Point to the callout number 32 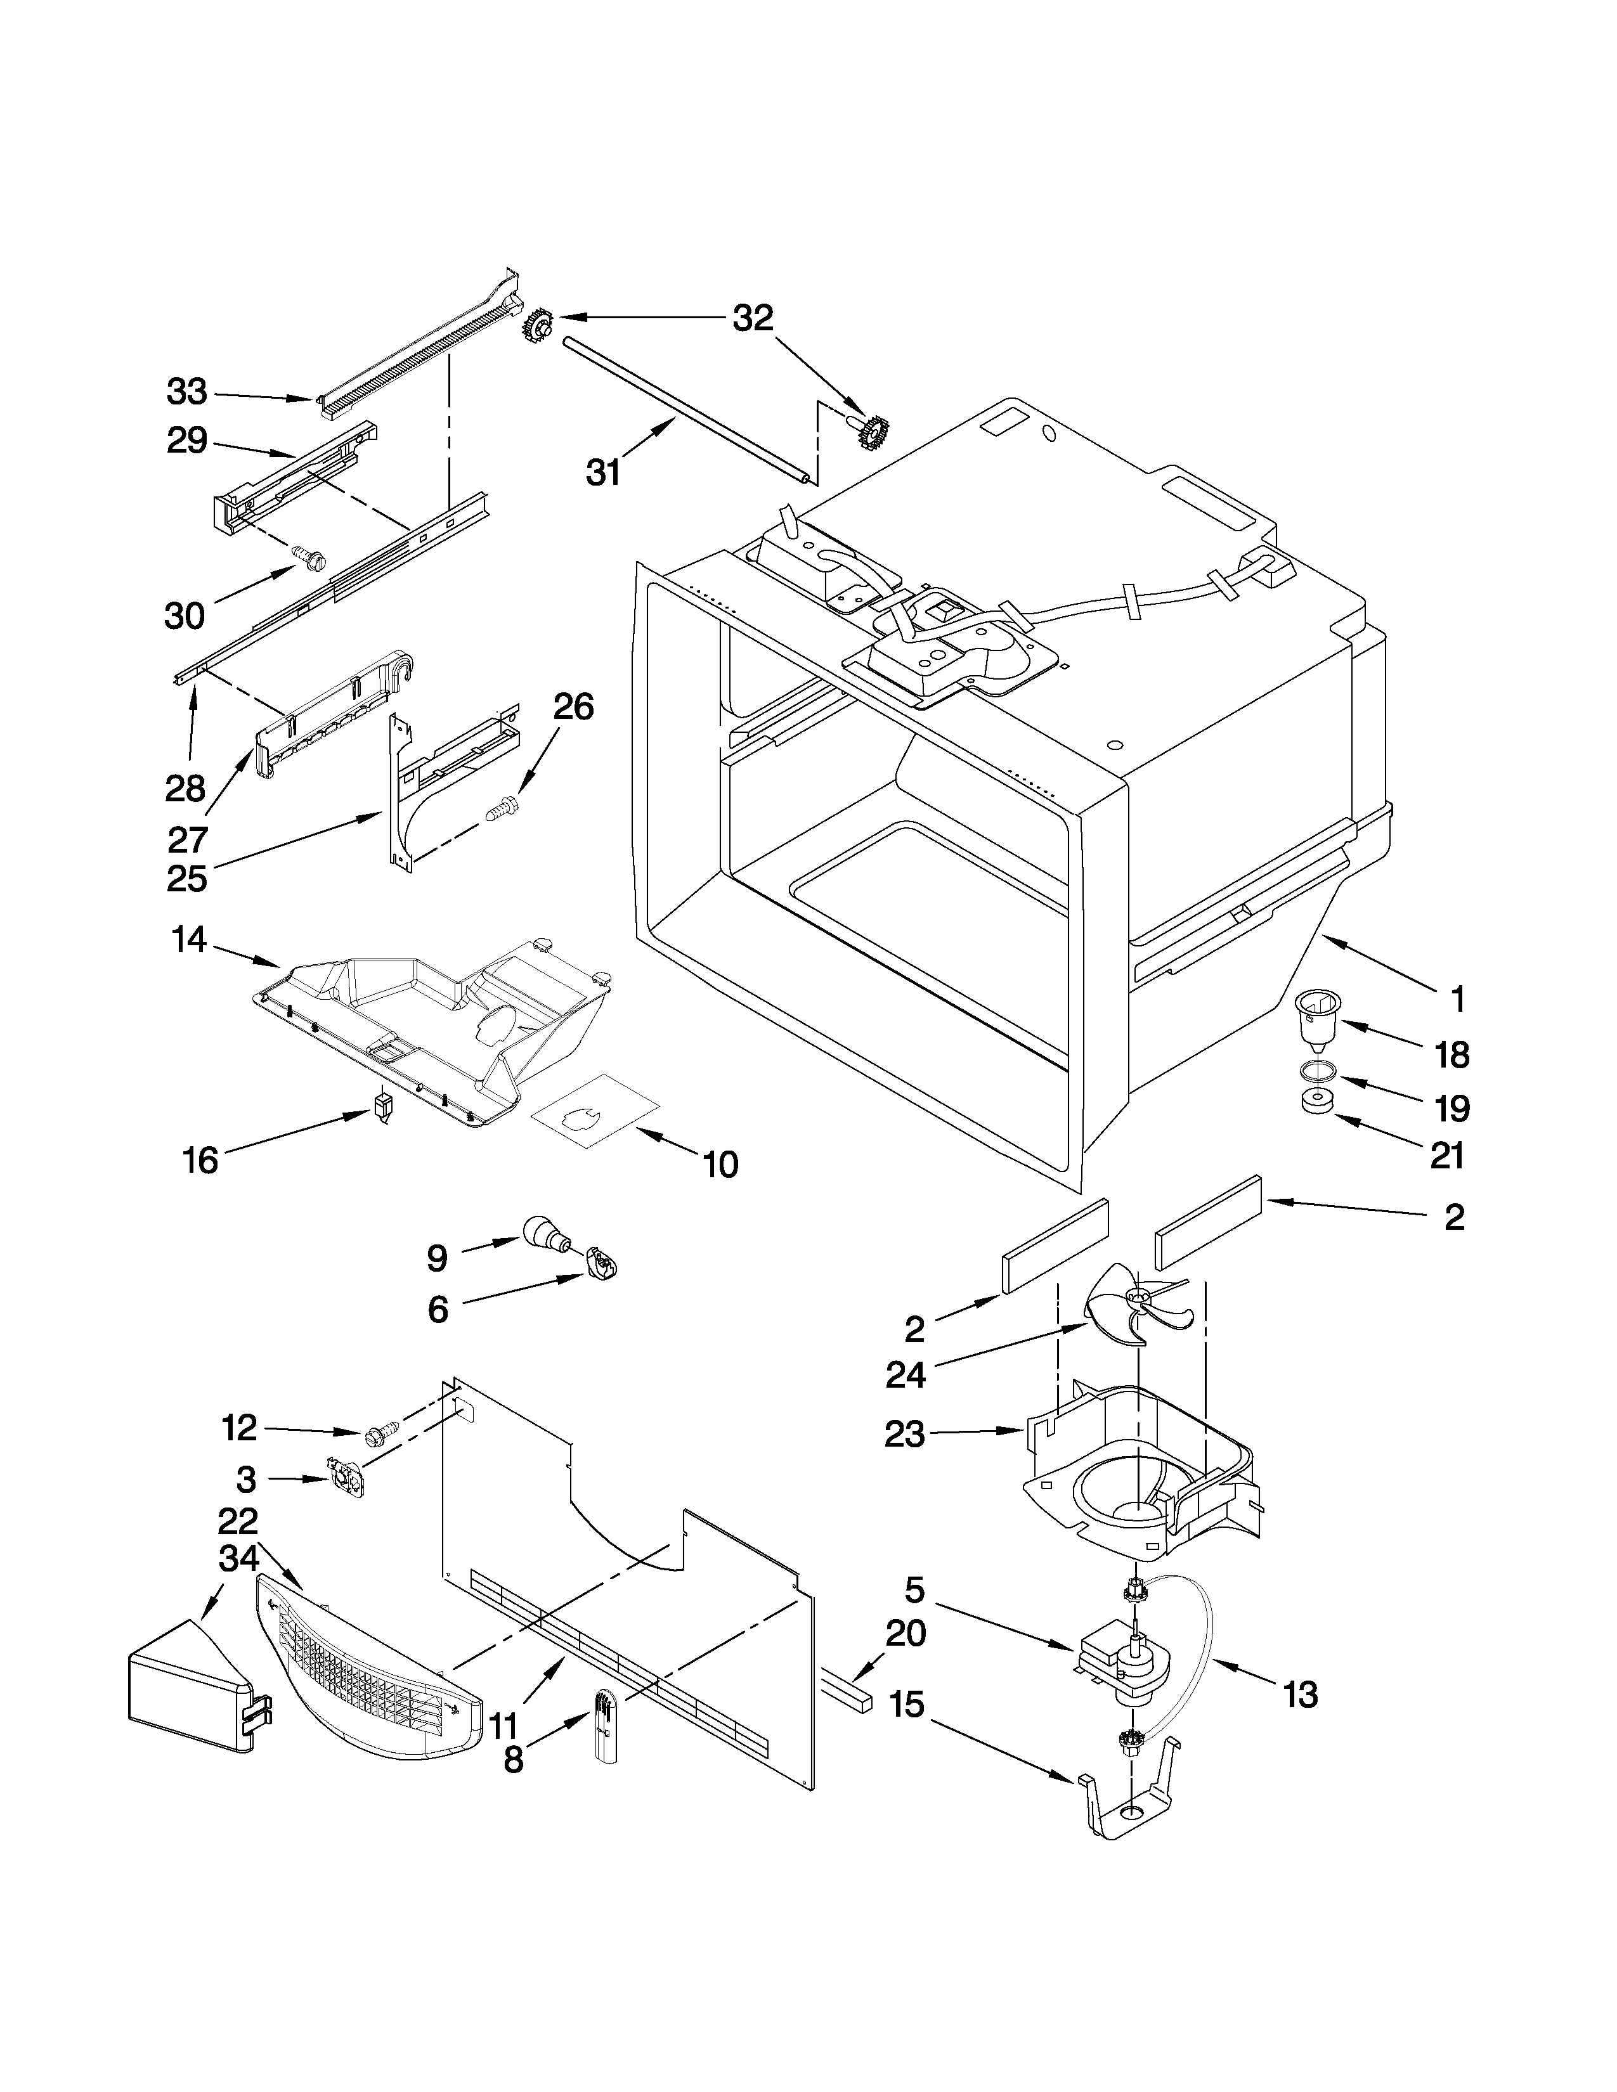click(753, 318)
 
